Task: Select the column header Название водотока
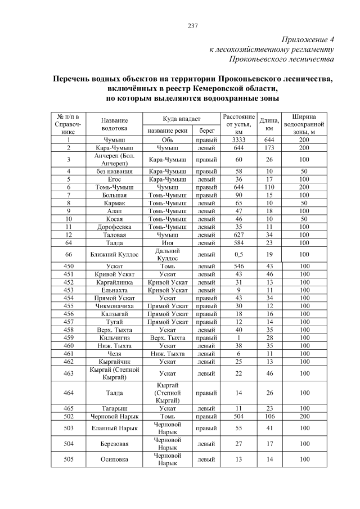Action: coord(114,124)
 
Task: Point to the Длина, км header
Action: coord(269,124)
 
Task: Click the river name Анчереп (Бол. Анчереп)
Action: coord(114,159)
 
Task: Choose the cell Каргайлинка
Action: coord(114,281)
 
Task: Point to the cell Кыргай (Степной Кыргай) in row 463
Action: coord(114,372)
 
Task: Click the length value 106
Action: coord(269,416)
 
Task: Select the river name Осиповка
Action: coord(114,459)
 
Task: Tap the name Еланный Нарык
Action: coord(114,427)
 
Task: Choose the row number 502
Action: coord(68,416)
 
